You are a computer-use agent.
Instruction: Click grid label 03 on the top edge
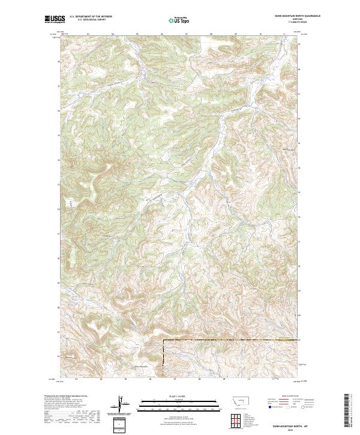(88, 34)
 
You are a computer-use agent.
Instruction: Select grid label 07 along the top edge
(187, 34)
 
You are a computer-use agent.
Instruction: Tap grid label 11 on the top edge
(284, 34)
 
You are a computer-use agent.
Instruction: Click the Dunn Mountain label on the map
(139, 367)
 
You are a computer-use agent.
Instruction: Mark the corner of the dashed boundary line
(164, 341)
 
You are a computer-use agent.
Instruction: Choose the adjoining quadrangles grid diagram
(235, 421)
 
